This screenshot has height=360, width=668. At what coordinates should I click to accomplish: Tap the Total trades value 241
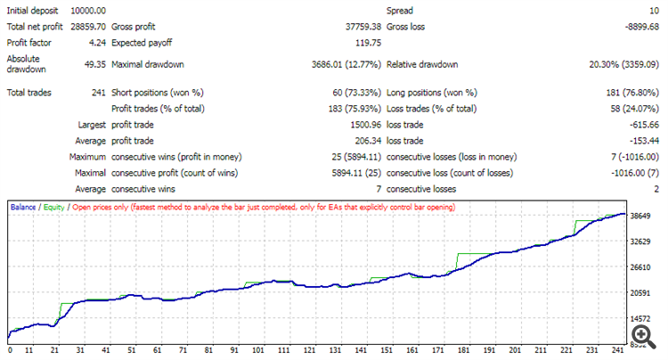coord(99,92)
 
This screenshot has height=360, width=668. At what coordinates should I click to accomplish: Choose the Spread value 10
coord(651,10)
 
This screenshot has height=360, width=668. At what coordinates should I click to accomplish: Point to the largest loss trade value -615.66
coord(640,125)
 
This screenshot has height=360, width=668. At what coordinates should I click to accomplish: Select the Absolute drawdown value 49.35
coord(94,64)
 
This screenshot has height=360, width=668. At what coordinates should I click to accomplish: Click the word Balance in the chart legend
coord(24,207)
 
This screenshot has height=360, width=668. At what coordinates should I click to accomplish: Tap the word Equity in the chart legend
coord(53,207)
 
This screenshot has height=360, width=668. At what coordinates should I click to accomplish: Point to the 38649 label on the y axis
coord(642,217)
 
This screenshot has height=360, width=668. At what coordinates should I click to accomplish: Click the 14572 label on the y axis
coord(642,319)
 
